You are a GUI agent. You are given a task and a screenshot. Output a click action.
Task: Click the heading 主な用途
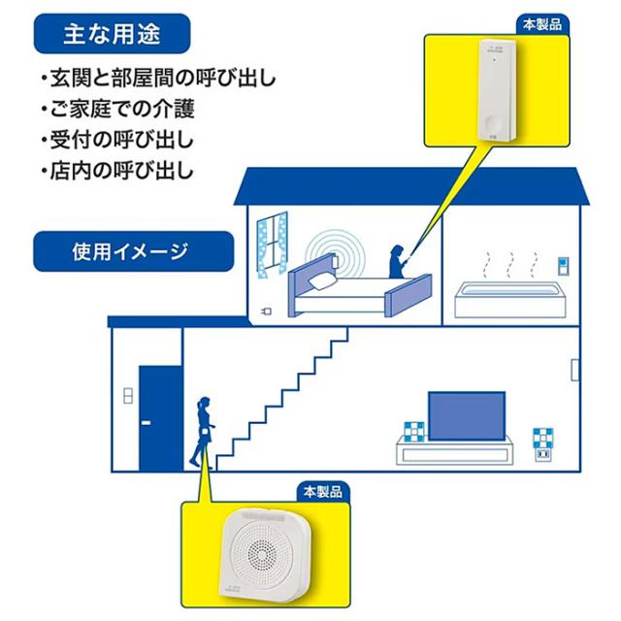(x=113, y=34)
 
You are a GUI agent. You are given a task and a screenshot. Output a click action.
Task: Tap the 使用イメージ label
(x=130, y=252)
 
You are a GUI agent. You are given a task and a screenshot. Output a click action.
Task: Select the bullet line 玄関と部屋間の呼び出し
(x=158, y=78)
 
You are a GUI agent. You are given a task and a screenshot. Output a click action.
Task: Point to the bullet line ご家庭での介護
(x=118, y=109)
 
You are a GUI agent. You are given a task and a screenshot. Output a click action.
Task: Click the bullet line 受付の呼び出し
(x=117, y=140)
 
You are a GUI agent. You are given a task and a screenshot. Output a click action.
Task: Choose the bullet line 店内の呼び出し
(x=117, y=171)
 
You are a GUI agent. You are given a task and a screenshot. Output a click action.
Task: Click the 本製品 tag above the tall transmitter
(x=542, y=24)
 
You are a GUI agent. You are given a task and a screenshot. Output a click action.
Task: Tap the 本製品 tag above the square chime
(x=323, y=492)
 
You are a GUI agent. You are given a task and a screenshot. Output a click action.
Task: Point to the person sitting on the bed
(x=397, y=262)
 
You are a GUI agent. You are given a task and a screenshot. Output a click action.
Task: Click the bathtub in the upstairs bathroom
(x=510, y=300)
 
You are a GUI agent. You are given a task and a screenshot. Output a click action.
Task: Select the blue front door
(x=160, y=418)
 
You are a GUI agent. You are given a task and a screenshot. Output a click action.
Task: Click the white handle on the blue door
(x=146, y=423)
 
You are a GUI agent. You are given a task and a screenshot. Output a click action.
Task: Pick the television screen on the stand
(x=467, y=416)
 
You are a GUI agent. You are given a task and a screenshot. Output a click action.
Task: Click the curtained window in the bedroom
(x=273, y=245)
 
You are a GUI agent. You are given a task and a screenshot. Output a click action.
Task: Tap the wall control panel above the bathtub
(x=563, y=266)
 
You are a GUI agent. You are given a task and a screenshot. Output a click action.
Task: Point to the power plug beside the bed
(x=267, y=311)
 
